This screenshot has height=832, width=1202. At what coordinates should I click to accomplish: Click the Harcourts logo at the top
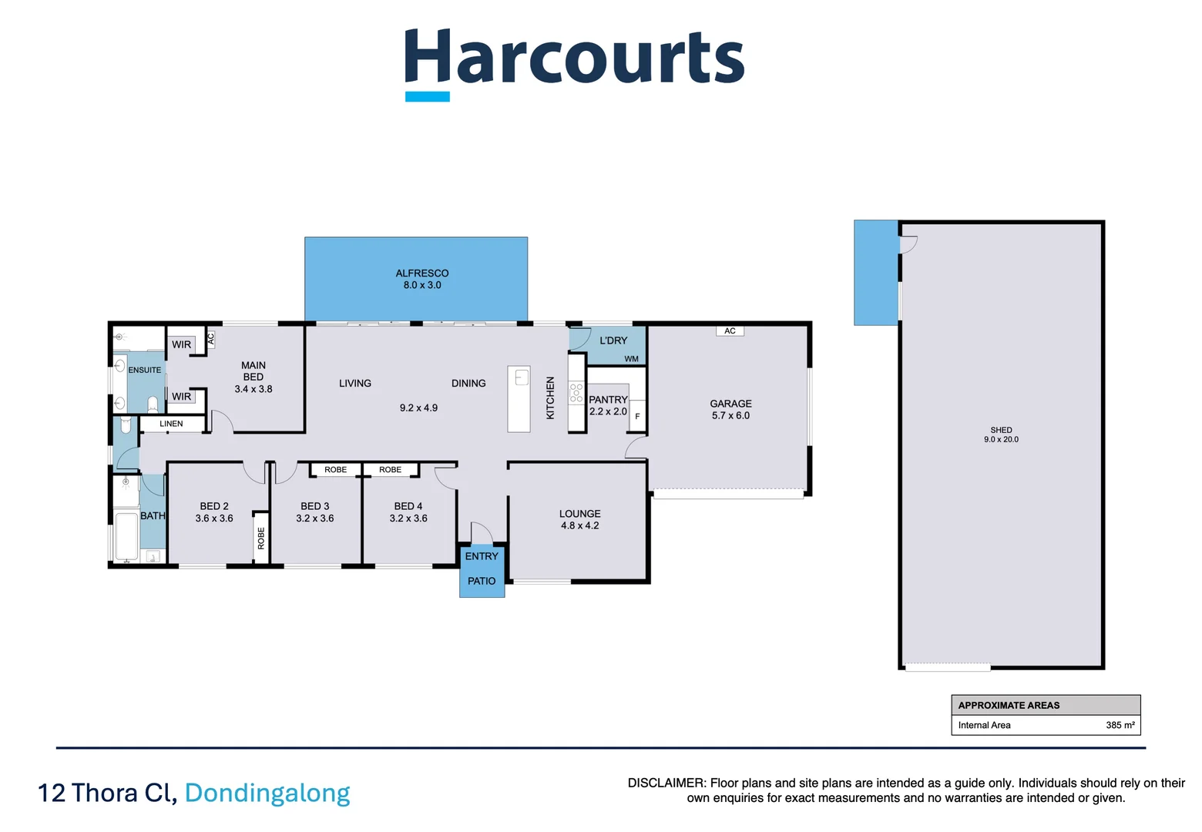point(574,65)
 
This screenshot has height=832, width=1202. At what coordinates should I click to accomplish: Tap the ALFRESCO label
point(422,273)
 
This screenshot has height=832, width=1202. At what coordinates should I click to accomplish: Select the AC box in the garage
point(730,331)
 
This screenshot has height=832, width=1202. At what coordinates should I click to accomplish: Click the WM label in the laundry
point(632,359)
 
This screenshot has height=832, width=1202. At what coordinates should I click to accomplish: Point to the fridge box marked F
point(637,416)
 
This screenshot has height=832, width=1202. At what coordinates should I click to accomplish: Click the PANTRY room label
point(608,400)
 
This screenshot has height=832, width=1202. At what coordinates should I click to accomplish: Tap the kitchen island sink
point(522,377)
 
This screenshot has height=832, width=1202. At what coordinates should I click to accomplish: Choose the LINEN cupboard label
point(171,424)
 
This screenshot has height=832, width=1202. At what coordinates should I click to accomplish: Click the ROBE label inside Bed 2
point(261,538)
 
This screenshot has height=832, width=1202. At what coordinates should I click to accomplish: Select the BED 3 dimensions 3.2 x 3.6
point(315,518)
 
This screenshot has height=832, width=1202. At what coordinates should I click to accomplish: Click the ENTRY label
point(482,556)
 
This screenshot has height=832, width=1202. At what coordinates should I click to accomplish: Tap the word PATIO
point(482,581)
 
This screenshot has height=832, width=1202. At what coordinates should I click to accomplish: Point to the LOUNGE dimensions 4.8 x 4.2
point(580,525)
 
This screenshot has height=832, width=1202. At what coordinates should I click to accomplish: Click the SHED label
point(1002,430)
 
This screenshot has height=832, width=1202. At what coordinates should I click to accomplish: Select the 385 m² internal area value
point(1120,725)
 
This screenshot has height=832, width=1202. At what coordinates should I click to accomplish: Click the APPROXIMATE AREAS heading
point(1009,706)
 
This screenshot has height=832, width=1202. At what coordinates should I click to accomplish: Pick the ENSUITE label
point(144,370)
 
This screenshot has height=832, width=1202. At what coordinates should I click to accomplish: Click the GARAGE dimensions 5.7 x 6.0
point(731,415)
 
